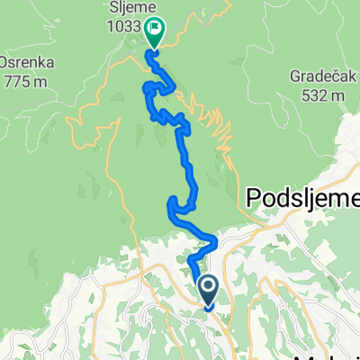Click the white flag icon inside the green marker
pos(155,31)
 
